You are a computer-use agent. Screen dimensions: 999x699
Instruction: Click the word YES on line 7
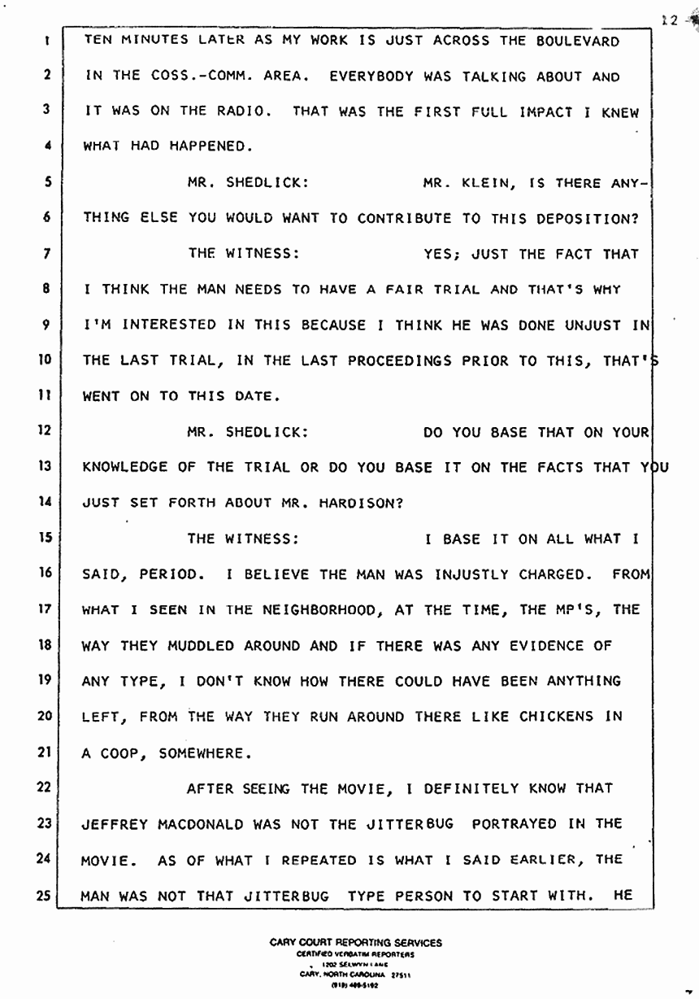tap(440, 254)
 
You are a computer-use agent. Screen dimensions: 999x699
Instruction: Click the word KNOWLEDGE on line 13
tap(126, 467)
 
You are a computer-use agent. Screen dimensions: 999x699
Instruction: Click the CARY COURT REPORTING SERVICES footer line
tap(356, 943)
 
